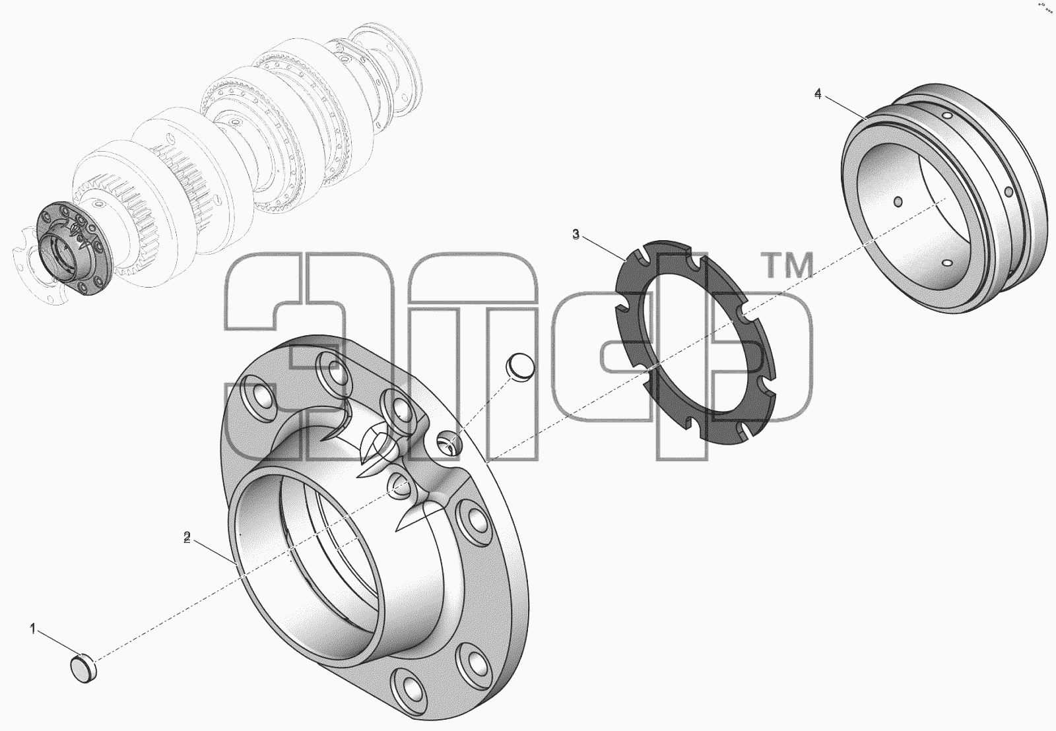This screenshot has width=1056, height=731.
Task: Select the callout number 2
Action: tap(187, 537)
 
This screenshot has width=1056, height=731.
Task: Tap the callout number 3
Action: tap(576, 234)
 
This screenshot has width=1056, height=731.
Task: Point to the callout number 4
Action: tap(818, 94)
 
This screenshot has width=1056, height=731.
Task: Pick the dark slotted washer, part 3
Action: tap(696, 342)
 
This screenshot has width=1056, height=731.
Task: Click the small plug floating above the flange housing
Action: tap(521, 366)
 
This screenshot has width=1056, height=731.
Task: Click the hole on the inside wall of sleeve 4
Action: tap(898, 202)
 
